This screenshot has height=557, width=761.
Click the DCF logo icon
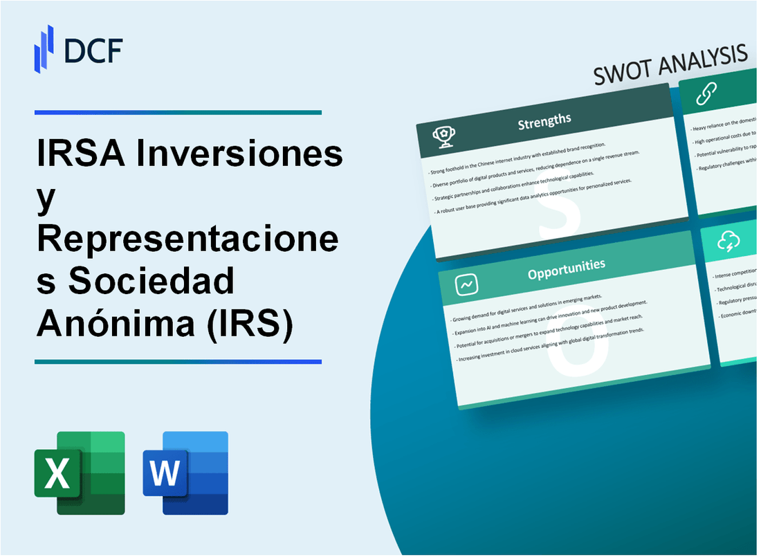44,48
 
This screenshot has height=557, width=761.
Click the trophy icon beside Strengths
443,137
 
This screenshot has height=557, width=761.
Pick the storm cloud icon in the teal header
730,241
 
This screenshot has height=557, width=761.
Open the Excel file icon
80,473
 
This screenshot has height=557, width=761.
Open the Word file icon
185,473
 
